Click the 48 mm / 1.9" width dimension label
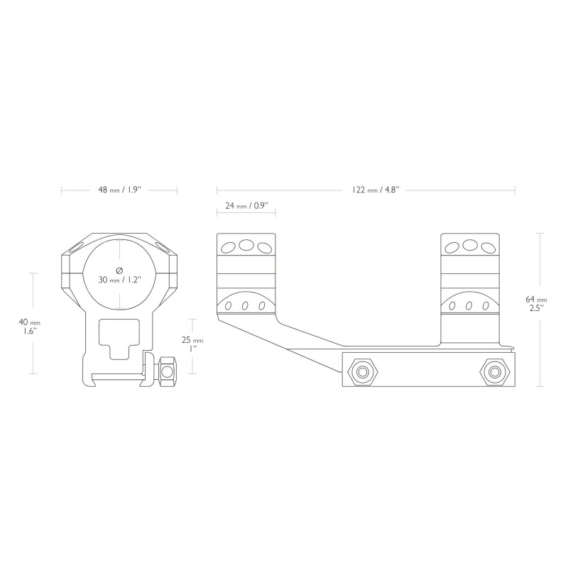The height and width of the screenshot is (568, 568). coord(119,190)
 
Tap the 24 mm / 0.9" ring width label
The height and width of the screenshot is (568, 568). coord(246,206)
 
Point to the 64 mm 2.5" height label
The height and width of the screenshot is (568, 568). coord(536,304)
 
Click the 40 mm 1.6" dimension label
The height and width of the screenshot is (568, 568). coord(29,326)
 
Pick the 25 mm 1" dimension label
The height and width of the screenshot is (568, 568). coord(192,344)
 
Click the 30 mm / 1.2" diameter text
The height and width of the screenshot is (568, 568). coord(119,280)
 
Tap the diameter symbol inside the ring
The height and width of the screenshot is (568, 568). coord(119,271)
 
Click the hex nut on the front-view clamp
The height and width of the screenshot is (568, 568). coord(168,371)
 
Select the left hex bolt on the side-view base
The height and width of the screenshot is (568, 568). coord(363,372)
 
